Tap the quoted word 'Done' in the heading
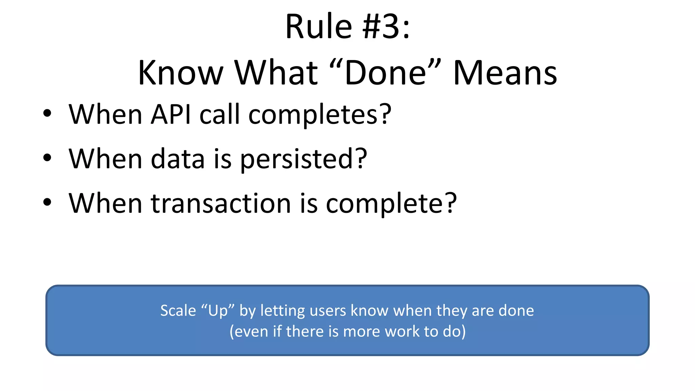(386, 73)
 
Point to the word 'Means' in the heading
(505, 73)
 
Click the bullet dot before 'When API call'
(47, 114)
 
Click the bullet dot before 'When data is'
(47, 158)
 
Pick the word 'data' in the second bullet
(177, 159)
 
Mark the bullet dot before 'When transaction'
(47, 202)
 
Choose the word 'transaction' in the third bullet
(221, 203)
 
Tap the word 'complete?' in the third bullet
(391, 204)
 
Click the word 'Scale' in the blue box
(178, 311)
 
